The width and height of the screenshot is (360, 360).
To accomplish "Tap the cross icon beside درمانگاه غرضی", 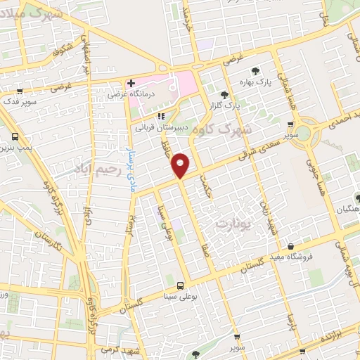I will point(131,83).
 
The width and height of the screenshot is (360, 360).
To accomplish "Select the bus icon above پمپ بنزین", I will point(15,136).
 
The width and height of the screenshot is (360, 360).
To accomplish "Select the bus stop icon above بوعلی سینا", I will point(181,285).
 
